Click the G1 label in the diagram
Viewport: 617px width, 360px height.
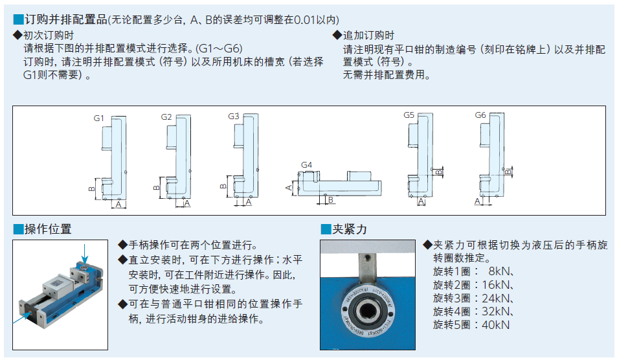pos(98,118)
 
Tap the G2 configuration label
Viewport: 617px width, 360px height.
pos(166,117)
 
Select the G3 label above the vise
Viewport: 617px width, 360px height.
pos(234,117)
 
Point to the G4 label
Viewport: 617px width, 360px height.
pos(307,165)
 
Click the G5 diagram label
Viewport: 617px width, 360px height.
pos(409,115)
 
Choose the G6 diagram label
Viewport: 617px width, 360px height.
pos(480,115)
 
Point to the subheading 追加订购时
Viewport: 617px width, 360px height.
pos(368,36)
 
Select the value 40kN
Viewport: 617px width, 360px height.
pos(496,324)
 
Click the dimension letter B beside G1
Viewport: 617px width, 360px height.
pos(92,188)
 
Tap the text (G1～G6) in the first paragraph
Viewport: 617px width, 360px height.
pos(220,49)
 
